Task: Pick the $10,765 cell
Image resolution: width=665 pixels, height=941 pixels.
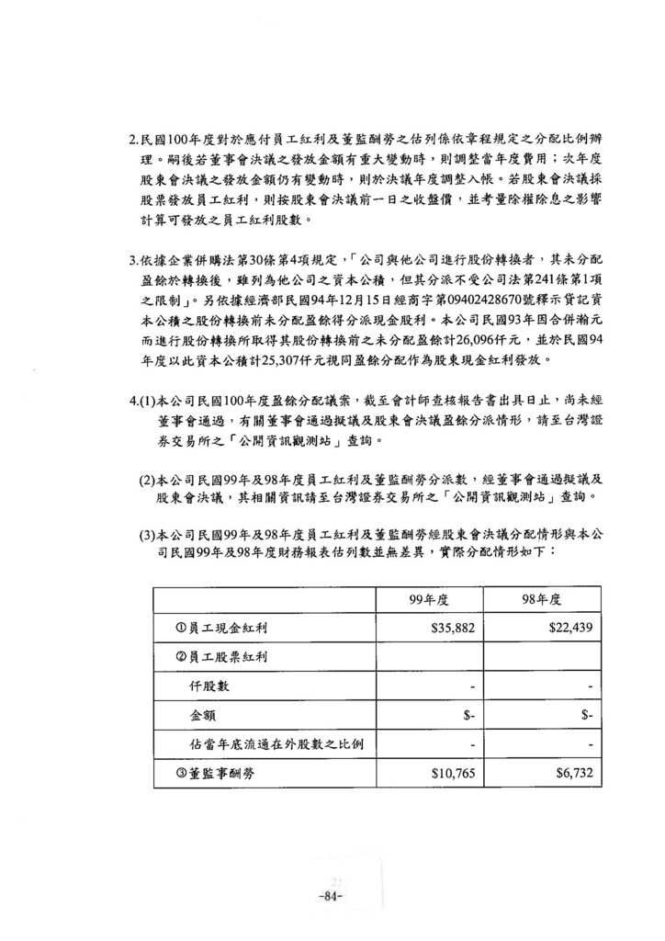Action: [452, 773]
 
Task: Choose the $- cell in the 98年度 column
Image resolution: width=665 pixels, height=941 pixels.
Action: [586, 715]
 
